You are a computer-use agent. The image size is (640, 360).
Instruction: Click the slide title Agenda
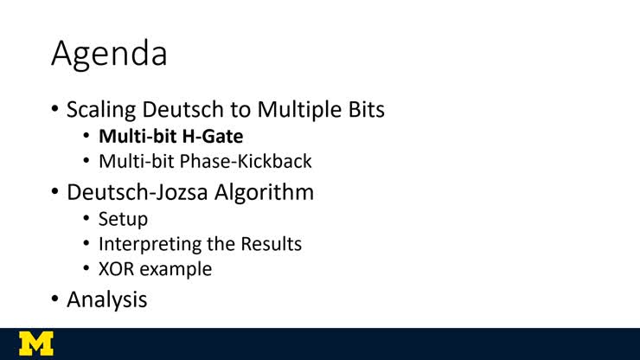click(x=109, y=54)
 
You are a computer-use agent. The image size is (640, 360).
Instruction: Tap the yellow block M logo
click(x=35, y=343)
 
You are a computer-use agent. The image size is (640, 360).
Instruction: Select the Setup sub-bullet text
click(x=123, y=219)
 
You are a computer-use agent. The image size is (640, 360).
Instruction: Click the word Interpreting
click(x=149, y=244)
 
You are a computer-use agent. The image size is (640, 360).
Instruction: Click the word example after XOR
click(x=176, y=269)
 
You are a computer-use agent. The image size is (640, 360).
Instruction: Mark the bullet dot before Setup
click(x=87, y=219)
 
